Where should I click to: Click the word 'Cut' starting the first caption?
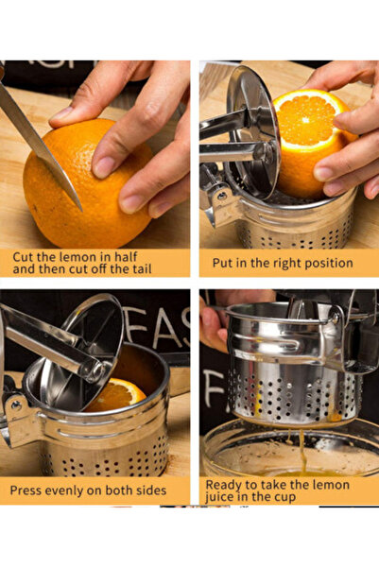(x=25, y=256)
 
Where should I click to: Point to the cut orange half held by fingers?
(x=312, y=137)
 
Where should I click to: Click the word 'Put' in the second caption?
(x=224, y=263)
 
